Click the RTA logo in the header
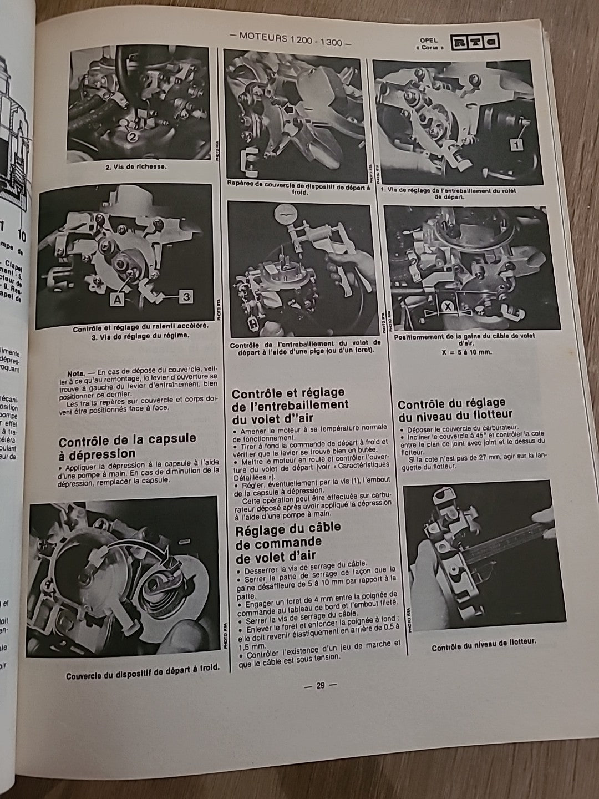[475, 42]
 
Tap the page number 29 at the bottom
[320, 685]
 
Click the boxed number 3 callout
[186, 297]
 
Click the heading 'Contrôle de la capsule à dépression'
[127, 446]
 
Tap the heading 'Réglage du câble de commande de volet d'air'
[288, 541]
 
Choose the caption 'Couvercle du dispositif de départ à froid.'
[143, 676]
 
